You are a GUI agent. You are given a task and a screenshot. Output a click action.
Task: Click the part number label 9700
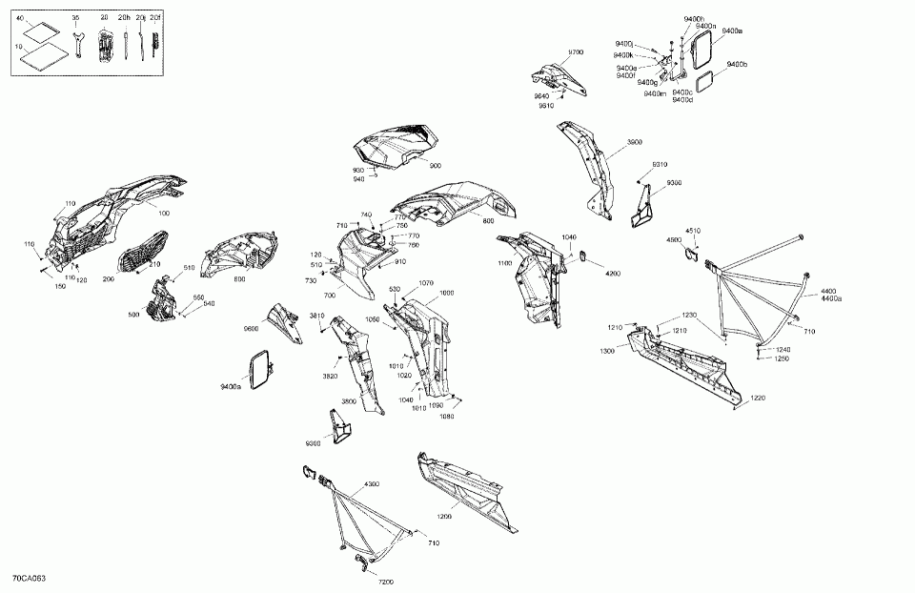point(576,51)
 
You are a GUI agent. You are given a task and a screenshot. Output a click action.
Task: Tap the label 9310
point(659,164)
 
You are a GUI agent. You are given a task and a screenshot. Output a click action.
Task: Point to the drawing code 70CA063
point(30,579)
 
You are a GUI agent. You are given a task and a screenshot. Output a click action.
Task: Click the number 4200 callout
point(612,274)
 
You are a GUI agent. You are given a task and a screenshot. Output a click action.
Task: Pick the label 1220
point(758,397)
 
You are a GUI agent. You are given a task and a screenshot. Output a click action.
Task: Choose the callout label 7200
point(385,581)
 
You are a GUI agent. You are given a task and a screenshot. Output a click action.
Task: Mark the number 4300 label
point(371,484)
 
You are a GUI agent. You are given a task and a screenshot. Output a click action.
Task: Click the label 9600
point(251,329)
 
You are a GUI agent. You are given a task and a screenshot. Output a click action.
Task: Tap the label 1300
point(607,352)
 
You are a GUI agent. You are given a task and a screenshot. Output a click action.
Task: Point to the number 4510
point(693,231)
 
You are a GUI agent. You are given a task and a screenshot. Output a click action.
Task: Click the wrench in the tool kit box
point(78,44)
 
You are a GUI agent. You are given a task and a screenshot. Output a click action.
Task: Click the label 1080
point(448,416)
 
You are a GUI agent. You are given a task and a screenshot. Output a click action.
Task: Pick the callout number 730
point(311,281)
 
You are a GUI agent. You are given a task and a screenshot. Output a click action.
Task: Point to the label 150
point(60,286)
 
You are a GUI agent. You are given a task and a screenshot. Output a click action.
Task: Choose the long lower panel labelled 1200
point(467,490)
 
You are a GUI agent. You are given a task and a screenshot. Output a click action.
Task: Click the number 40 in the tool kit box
point(19,19)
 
